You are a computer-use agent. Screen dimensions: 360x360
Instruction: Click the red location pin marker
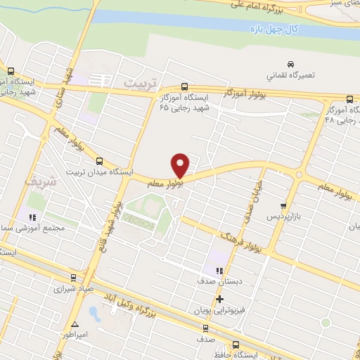point(181,165)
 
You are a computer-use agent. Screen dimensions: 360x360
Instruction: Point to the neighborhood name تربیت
point(138,83)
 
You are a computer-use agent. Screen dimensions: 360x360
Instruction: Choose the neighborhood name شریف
point(38,181)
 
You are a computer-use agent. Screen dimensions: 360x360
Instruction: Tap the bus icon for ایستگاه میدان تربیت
point(99,160)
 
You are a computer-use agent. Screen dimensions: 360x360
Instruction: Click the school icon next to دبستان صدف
point(219,271)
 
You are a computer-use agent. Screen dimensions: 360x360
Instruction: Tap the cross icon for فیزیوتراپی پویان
point(220,299)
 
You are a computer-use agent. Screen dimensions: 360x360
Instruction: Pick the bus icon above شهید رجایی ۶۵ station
point(184,87)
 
